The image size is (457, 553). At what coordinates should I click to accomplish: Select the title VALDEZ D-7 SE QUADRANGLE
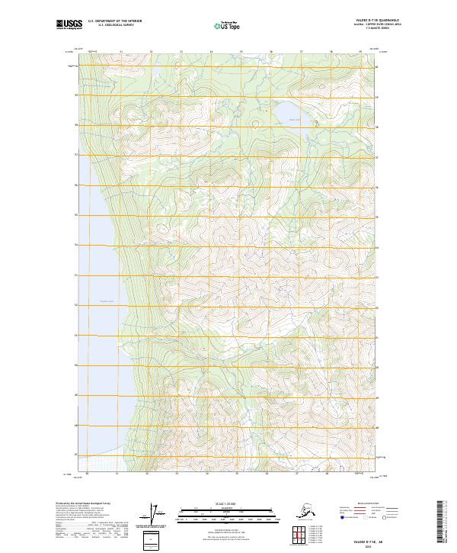361,21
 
